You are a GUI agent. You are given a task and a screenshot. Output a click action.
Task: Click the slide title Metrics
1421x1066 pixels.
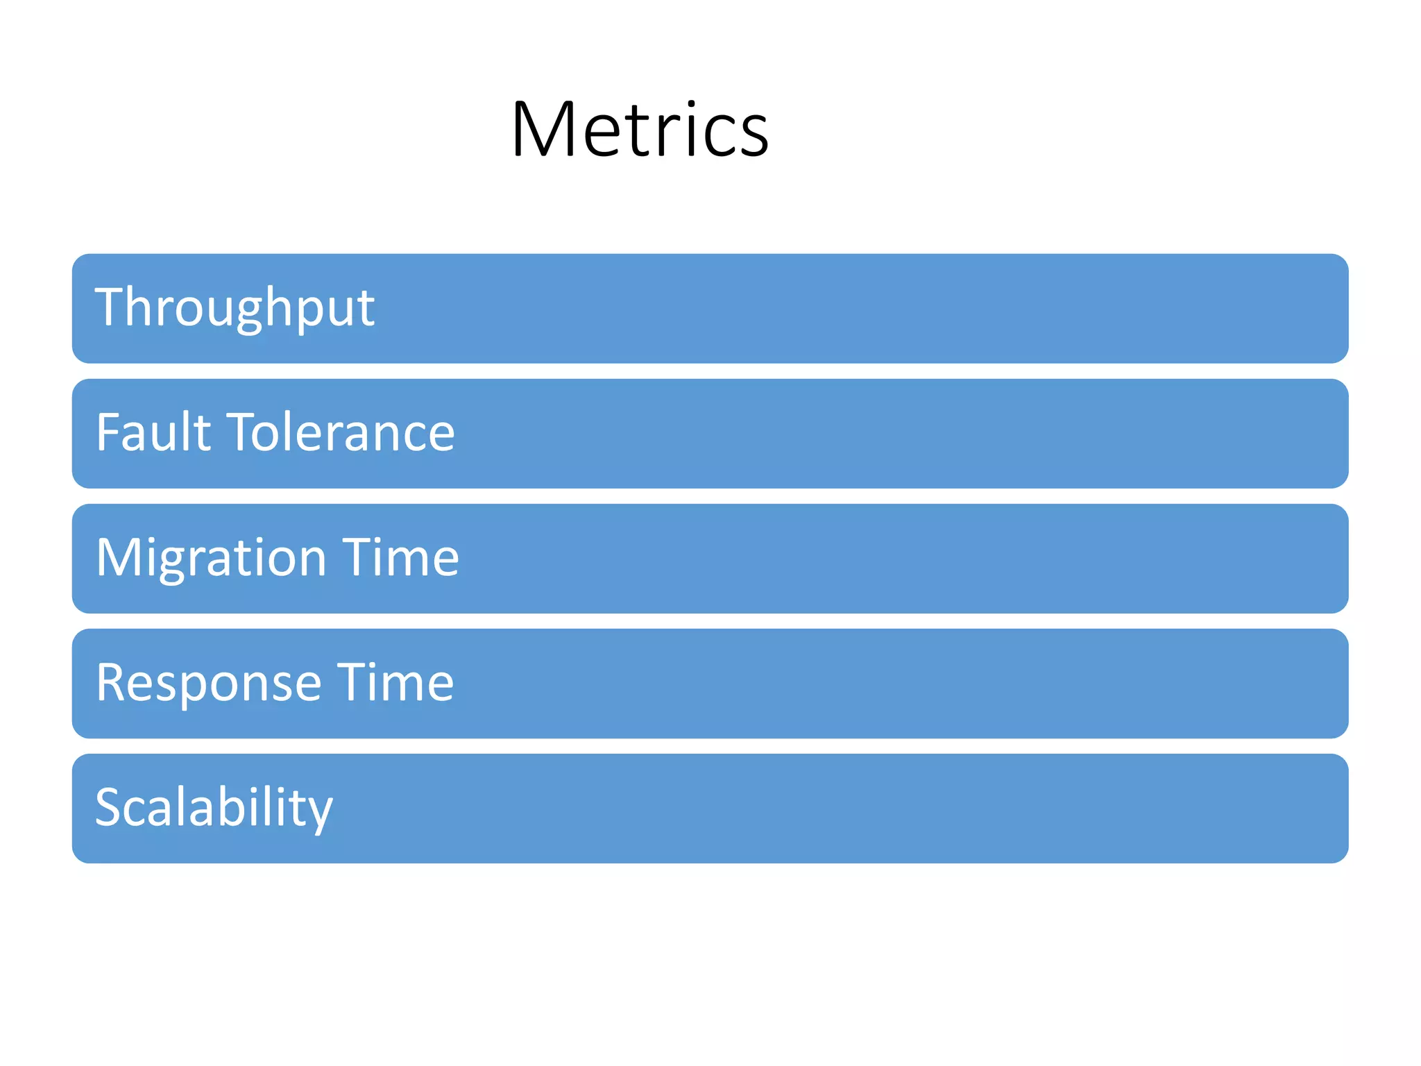tap(640, 130)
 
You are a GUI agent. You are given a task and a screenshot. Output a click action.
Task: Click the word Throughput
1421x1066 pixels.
tap(235, 307)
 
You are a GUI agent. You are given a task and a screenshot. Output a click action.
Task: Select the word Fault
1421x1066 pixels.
tap(153, 432)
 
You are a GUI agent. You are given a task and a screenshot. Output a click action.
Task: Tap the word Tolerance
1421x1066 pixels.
tap(341, 432)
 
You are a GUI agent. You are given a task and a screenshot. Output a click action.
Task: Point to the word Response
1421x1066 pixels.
tap(208, 684)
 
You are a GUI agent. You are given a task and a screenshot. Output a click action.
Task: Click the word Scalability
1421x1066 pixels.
tap(214, 809)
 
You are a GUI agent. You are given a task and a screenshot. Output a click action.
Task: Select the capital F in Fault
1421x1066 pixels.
tap(108, 432)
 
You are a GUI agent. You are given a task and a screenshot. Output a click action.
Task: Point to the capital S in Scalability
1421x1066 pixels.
tap(110, 807)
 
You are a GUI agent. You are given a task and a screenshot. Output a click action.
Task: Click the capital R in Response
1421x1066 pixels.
tap(112, 682)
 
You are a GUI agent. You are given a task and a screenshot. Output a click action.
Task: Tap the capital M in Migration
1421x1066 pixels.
tap(118, 557)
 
